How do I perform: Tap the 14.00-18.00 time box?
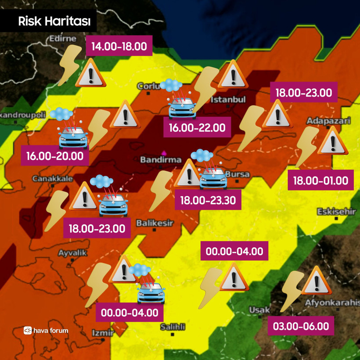[119, 47]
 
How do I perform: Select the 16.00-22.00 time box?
[197, 128]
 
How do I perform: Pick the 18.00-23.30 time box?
[208, 201]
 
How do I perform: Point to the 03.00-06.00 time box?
[301, 326]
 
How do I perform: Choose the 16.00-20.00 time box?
[55, 156]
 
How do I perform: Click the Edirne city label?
[60, 39]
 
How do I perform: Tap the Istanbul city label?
[228, 100]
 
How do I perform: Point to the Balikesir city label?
[155, 223]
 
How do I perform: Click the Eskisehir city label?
[336, 212]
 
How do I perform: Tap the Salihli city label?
[173, 327]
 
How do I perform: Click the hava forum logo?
[46, 330]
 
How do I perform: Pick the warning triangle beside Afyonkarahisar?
[316, 281]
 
